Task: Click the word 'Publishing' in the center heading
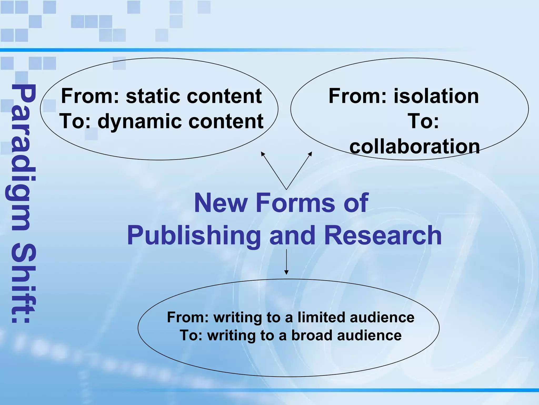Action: click(x=193, y=235)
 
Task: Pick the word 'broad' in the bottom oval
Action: click(x=312, y=335)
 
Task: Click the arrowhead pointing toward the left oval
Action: click(x=262, y=153)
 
